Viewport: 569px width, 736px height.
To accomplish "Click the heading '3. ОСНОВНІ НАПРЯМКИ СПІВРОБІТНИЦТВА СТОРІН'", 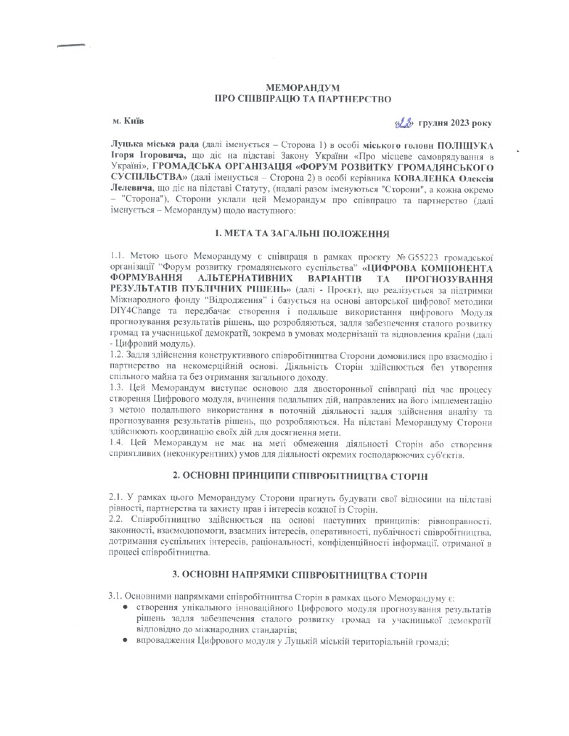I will point(283,572).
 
